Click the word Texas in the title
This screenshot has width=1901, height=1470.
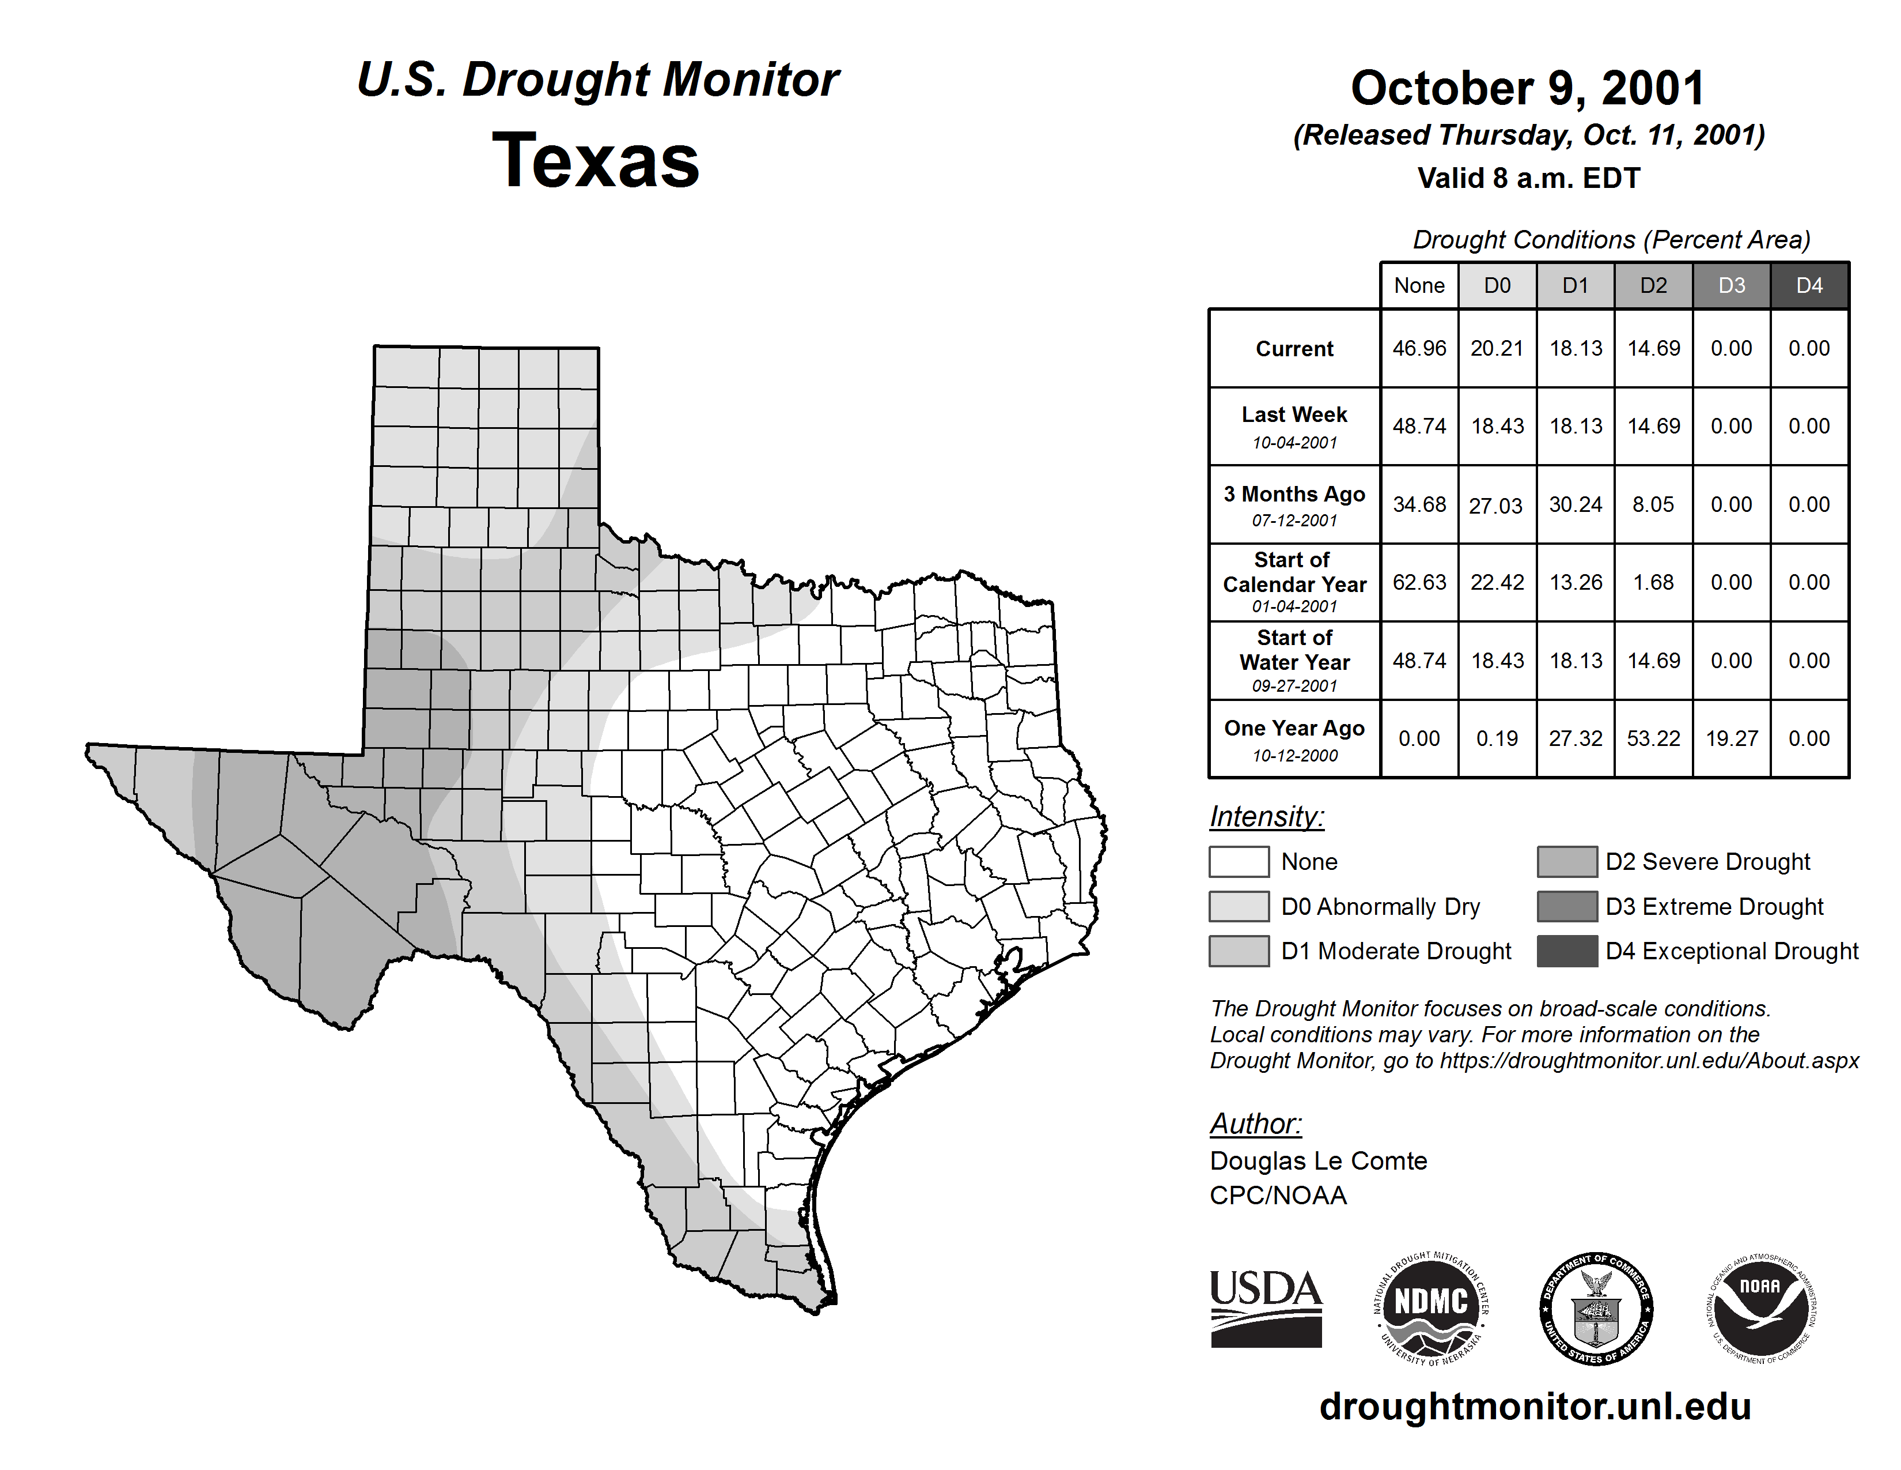[x=596, y=160]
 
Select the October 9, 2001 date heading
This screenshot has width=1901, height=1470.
[x=1528, y=89]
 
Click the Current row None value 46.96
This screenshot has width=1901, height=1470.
[x=1419, y=348]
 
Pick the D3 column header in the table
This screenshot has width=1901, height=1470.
[x=1731, y=285]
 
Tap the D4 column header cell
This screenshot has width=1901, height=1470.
[x=1809, y=285]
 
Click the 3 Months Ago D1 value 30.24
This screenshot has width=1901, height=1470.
[x=1576, y=504]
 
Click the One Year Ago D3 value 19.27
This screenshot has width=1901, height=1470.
[x=1731, y=738]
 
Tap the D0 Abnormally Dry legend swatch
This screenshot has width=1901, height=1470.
[x=1239, y=906]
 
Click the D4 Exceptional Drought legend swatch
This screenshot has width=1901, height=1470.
[x=1567, y=951]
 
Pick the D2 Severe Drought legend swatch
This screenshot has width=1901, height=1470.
[x=1567, y=861]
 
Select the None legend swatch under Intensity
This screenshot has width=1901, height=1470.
[x=1239, y=861]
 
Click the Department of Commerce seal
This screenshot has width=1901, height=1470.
[x=1596, y=1308]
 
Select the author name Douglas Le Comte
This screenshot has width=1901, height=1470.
[x=1318, y=1161]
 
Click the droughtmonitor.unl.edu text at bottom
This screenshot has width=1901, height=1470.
[x=1535, y=1407]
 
